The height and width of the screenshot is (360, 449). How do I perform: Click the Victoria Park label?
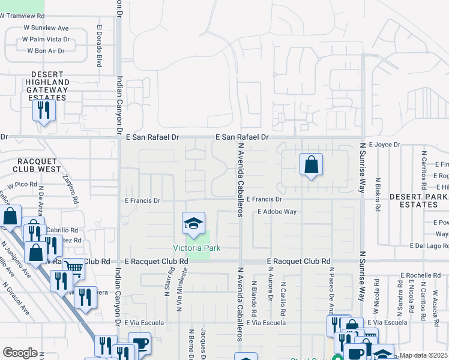(x=196, y=248)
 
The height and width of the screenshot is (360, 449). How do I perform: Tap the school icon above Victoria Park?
(x=193, y=224)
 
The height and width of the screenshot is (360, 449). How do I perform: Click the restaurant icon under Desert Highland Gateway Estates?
(x=44, y=110)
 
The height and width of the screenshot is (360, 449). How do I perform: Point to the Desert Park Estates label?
(x=417, y=200)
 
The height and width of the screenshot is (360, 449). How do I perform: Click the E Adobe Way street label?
(x=277, y=212)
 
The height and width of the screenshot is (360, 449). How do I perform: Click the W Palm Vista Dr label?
(x=46, y=39)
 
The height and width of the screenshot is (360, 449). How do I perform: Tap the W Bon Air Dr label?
(x=46, y=51)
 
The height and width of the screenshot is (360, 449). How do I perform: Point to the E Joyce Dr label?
(x=384, y=145)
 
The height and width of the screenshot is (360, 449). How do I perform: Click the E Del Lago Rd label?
(x=429, y=245)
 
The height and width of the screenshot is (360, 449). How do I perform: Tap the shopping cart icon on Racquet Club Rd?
(x=73, y=268)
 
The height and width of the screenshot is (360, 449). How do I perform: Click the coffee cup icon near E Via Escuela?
(x=140, y=343)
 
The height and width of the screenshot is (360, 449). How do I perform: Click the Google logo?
(x=20, y=353)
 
